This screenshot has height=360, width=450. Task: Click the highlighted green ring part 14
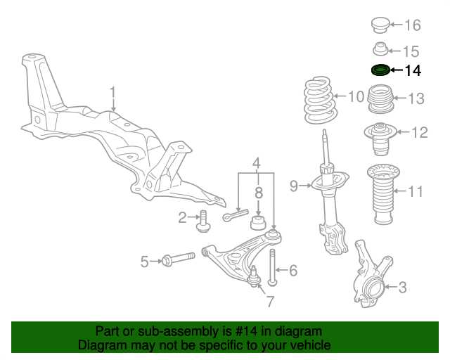coord(379,70)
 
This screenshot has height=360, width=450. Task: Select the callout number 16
coord(412,26)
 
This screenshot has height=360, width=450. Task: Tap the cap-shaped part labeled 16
coord(380,25)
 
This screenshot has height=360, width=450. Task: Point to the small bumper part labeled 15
coord(380,50)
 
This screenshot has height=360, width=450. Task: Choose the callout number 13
coord(416,99)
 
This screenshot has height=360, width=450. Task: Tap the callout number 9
coord(294,186)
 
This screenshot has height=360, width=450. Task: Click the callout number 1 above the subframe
coord(112,91)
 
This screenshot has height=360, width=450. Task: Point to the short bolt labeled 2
coord(203,221)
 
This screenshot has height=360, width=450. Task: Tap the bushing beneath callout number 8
coord(258,224)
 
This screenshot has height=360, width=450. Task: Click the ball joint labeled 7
coord(255,279)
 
